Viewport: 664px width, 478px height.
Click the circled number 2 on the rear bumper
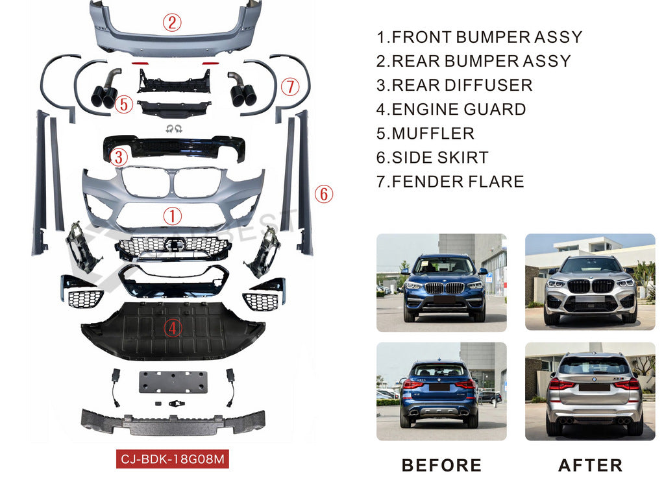171,24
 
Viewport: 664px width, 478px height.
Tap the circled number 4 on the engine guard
172,329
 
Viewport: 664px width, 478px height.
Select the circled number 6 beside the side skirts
324,193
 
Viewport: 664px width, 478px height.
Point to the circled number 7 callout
289,86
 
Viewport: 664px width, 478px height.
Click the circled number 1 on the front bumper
172,216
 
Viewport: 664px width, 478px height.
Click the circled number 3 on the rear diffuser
118,156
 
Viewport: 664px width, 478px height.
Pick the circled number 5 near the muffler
125,104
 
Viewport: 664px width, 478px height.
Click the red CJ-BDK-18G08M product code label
173,460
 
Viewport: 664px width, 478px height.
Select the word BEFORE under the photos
441,465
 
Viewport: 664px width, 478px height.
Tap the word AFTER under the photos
590,465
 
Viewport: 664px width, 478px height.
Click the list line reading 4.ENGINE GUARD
451,110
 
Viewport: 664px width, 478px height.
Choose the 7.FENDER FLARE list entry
450,182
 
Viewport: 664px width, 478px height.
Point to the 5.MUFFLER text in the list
425,134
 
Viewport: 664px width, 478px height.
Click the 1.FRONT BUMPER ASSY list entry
479,37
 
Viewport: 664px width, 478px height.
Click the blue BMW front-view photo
441,282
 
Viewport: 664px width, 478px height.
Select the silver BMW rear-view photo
590,392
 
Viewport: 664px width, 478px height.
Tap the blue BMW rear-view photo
441,392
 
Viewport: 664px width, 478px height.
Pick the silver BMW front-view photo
590,282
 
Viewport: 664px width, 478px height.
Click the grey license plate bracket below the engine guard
173,382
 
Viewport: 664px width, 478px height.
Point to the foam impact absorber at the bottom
173,422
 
